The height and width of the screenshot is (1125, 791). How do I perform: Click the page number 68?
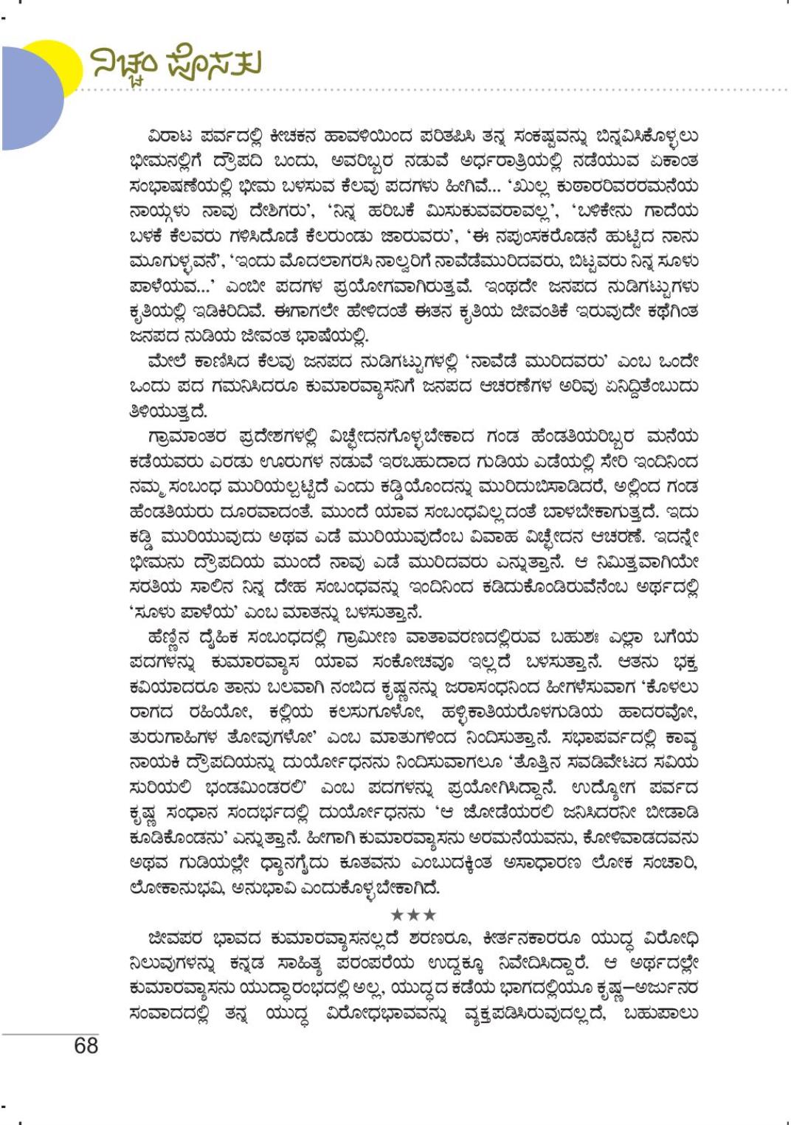coord(86,1045)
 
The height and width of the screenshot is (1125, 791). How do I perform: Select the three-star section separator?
coord(413,915)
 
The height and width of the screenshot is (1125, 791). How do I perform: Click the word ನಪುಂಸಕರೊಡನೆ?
coord(564,237)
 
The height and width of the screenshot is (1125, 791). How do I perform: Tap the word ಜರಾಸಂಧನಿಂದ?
coord(477,688)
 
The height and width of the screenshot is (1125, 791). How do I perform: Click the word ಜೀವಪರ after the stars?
coord(174,938)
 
